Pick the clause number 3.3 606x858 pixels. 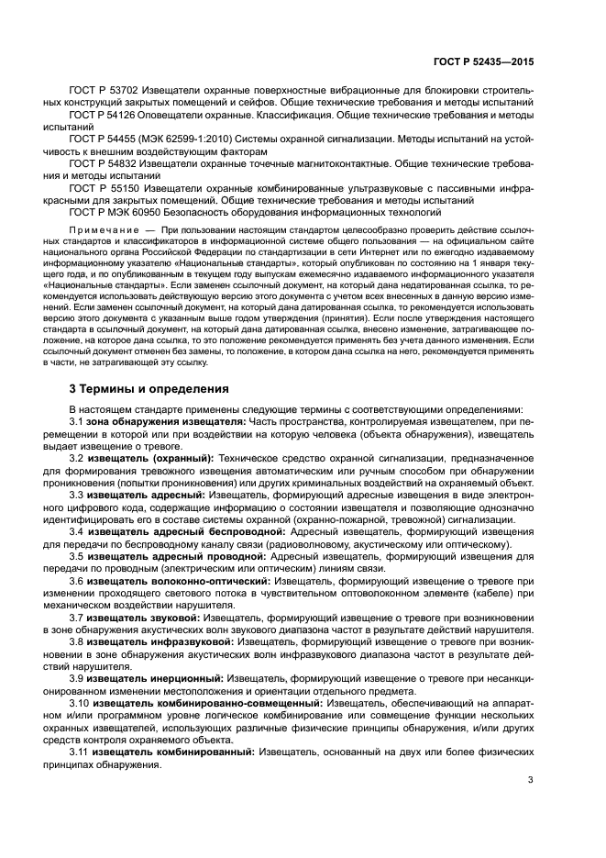point(78,493)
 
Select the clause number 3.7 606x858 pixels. point(78,618)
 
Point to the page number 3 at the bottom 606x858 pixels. point(530,781)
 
